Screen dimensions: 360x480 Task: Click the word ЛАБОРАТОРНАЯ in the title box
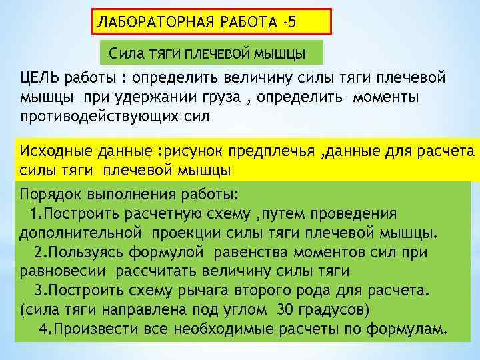click(x=151, y=22)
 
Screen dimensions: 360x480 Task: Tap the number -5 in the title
click(x=287, y=22)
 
